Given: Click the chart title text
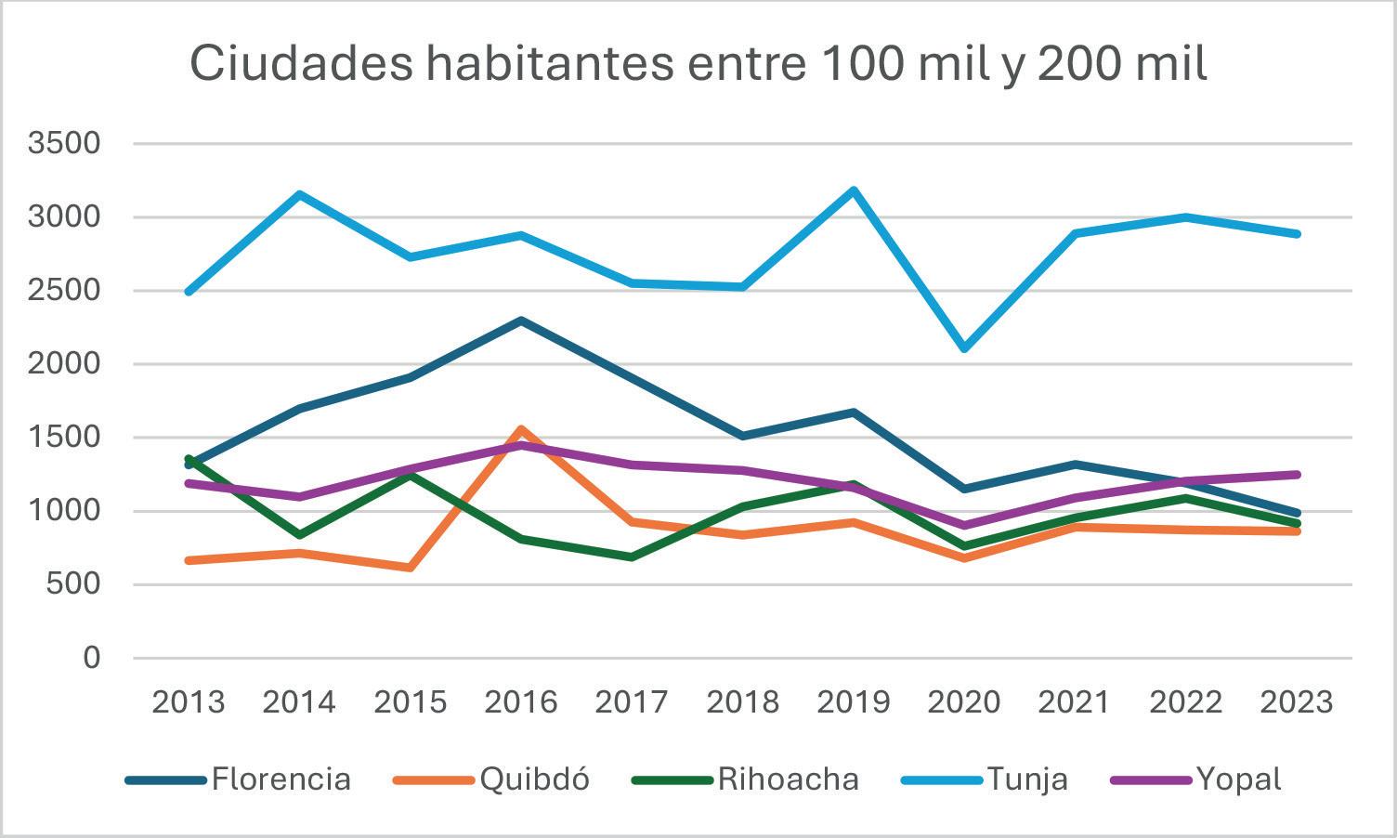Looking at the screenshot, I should (x=698, y=63).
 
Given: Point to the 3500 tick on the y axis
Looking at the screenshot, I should (x=64, y=143).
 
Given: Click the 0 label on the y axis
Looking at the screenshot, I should (x=90, y=658).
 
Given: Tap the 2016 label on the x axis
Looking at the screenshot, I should (x=521, y=701).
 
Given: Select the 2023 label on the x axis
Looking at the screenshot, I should (x=1297, y=701).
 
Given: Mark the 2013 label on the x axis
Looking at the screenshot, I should (x=189, y=701).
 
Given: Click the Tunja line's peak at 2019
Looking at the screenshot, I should (x=854, y=190).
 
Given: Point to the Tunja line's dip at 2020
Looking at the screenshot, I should (x=964, y=348).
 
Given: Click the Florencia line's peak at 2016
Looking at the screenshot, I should (x=521, y=321).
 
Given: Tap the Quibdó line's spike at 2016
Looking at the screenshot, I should (x=521, y=429).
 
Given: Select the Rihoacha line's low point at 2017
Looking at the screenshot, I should (x=632, y=557).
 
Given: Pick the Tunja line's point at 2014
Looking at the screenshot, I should (x=299, y=194).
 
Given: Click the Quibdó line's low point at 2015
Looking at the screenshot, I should (x=410, y=568).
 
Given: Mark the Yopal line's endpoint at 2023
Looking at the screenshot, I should (x=1297, y=475).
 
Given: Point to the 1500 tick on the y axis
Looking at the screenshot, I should (x=64, y=437).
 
